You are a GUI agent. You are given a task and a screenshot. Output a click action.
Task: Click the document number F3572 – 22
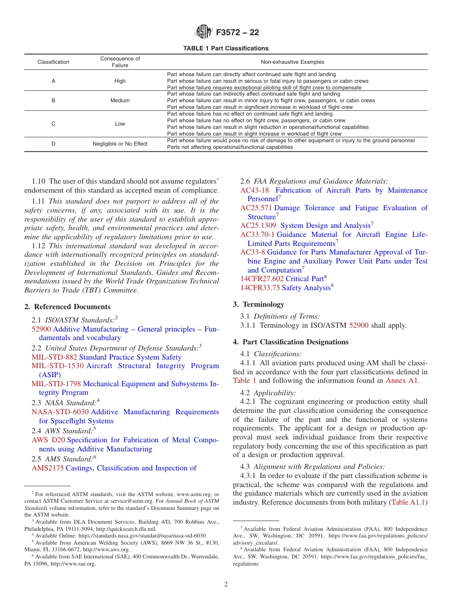[237, 33]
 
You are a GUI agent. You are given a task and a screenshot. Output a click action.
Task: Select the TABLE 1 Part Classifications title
[226, 48]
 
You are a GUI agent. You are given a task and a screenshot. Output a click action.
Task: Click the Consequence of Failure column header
[120, 62]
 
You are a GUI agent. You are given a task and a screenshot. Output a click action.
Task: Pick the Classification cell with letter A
[53, 81]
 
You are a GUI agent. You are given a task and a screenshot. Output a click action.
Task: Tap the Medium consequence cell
[120, 100]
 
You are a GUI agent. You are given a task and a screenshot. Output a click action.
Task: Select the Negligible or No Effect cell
[120, 144]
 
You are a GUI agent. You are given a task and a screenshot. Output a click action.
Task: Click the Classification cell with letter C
[53, 124]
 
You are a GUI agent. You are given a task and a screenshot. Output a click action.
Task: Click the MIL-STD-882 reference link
[54, 357]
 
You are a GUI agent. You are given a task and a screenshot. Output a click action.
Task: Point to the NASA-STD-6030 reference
[60, 412]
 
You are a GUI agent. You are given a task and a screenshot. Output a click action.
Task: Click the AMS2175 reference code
[48, 468]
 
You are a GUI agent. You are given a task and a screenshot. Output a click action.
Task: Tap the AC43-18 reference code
[255, 190]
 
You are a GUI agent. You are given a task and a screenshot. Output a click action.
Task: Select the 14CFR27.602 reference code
[262, 279]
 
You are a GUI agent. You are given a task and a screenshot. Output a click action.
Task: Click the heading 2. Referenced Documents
[68, 307]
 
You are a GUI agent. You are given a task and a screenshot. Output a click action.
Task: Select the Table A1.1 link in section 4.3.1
[408, 502]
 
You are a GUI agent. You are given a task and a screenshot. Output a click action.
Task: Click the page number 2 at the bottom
[226, 585]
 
